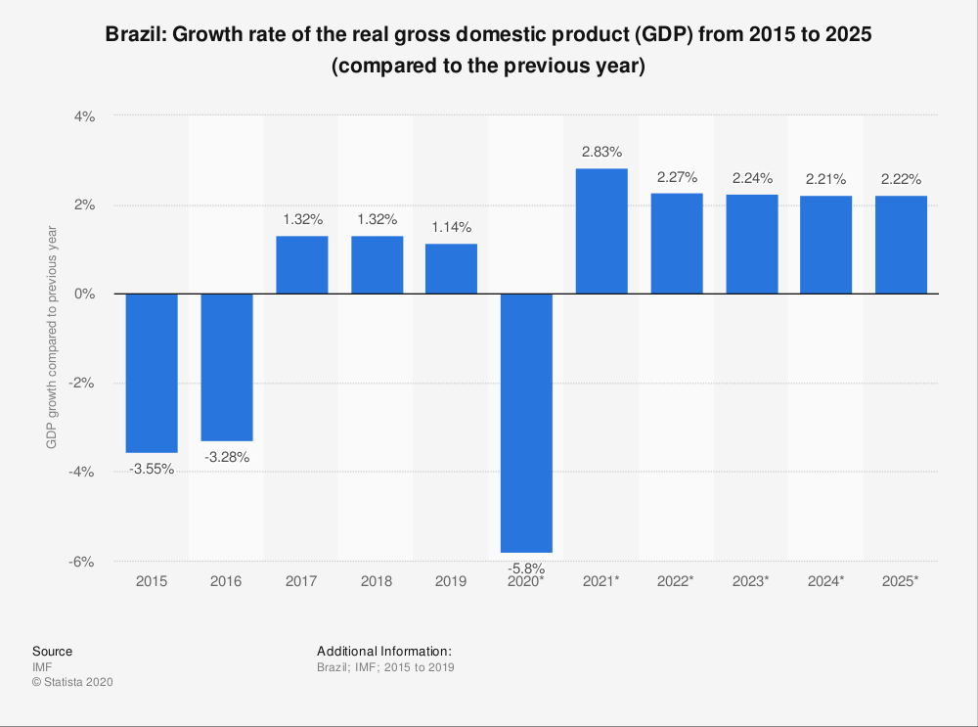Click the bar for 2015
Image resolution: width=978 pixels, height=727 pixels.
[x=152, y=373]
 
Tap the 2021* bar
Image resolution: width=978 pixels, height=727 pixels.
[x=601, y=231]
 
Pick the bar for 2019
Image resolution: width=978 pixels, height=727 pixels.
[x=451, y=269]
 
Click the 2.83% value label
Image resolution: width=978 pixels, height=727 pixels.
[x=601, y=152]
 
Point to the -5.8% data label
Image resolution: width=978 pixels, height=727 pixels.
[x=526, y=568]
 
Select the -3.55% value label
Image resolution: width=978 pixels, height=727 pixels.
[x=152, y=469]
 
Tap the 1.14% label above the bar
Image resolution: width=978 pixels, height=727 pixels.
[x=451, y=226]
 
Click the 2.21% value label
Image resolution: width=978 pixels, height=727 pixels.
[x=826, y=179]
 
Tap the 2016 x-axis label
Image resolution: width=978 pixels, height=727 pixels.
[x=226, y=581]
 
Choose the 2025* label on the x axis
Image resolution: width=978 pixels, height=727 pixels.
[x=901, y=581]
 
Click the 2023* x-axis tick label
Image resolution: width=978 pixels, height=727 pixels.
[x=751, y=581]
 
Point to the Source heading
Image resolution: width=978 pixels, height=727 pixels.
[x=52, y=651]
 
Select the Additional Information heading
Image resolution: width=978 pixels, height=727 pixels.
[x=383, y=651]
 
